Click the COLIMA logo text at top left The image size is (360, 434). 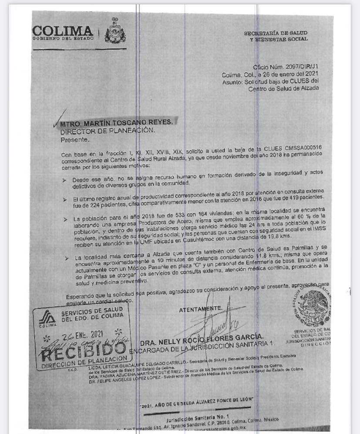63,31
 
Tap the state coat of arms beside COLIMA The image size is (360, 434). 115,30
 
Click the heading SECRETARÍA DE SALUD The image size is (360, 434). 275,33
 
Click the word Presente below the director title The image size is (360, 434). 75,140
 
